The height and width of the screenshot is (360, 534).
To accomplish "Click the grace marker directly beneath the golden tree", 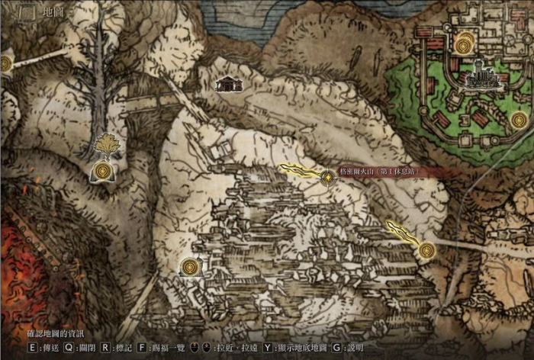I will (x=101, y=172).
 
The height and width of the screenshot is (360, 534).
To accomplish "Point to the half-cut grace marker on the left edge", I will (x=5, y=63).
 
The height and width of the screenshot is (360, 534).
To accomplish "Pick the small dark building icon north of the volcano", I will (x=227, y=84).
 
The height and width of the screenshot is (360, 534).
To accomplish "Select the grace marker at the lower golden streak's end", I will (x=426, y=249).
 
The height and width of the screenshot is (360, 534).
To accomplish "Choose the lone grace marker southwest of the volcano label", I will (x=190, y=267).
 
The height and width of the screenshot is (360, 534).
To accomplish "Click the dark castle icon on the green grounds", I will (x=479, y=76).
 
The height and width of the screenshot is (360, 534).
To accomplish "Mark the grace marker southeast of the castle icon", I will (x=520, y=120).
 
